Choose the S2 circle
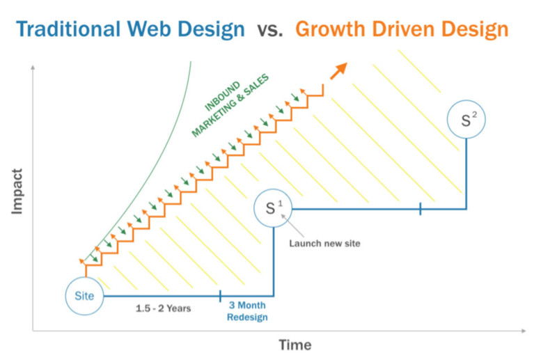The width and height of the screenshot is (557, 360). pyautogui.click(x=466, y=120)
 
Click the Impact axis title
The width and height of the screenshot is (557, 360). pyautogui.click(x=17, y=190)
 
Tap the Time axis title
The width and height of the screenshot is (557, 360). pyautogui.click(x=295, y=345)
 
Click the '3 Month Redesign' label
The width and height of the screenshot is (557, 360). pyautogui.click(x=247, y=311)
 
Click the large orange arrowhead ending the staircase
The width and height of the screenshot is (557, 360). pyautogui.click(x=339, y=70)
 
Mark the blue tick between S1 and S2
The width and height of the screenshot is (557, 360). pyautogui.click(x=420, y=208)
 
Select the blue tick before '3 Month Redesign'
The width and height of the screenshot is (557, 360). pyautogui.click(x=220, y=296)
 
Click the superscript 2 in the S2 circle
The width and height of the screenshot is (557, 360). pyautogui.click(x=473, y=115)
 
